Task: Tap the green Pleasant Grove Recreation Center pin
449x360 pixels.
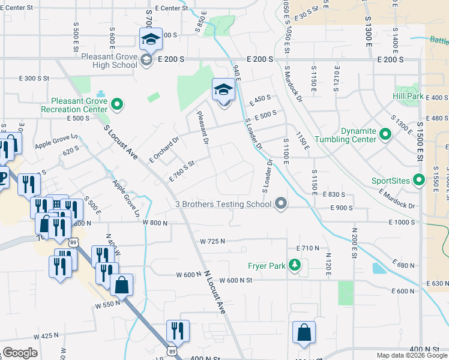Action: pos(118,105)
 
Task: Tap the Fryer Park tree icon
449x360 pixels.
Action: pos(294,265)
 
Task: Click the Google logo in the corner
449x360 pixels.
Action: pos(20,353)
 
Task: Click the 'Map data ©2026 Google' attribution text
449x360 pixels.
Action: pos(412,355)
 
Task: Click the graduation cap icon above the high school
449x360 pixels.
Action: pos(149,40)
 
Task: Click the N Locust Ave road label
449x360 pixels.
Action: pos(213,291)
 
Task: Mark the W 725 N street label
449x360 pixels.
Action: pos(212,241)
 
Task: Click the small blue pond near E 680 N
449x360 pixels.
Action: pos(379,268)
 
